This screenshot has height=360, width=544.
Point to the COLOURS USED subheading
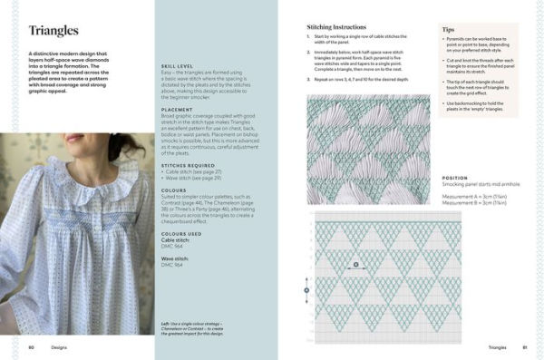tap(181, 233)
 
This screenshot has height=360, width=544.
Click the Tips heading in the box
tap(448, 30)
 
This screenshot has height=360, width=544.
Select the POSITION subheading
tap(455, 178)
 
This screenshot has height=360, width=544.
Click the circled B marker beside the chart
tap(306, 290)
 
